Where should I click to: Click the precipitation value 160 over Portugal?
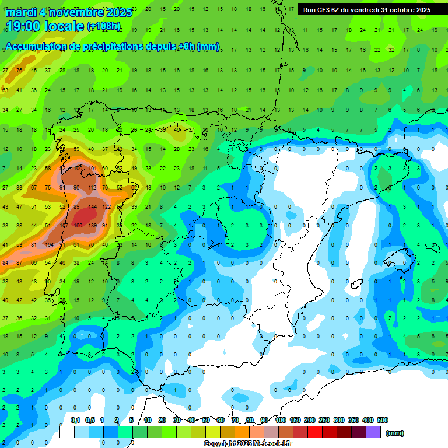pyautogui.click(x=78, y=226)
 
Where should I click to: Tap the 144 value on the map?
pyautogui.click(x=92, y=207)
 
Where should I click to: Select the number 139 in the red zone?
pyautogui.click(x=92, y=226)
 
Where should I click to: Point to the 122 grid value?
pyautogui.click(x=106, y=207)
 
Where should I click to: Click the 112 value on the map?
pyautogui.click(x=92, y=188)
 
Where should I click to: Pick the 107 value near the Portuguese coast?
pyautogui.click(x=64, y=226)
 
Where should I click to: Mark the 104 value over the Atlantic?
pyautogui.click(x=50, y=245)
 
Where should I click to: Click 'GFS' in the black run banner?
pyautogui.click(x=323, y=10)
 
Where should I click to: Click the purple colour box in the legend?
pyautogui.click(x=373, y=432)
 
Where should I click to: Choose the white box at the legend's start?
pyautogui.click(x=67, y=432)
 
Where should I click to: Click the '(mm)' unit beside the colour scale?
pyautogui.click(x=395, y=433)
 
